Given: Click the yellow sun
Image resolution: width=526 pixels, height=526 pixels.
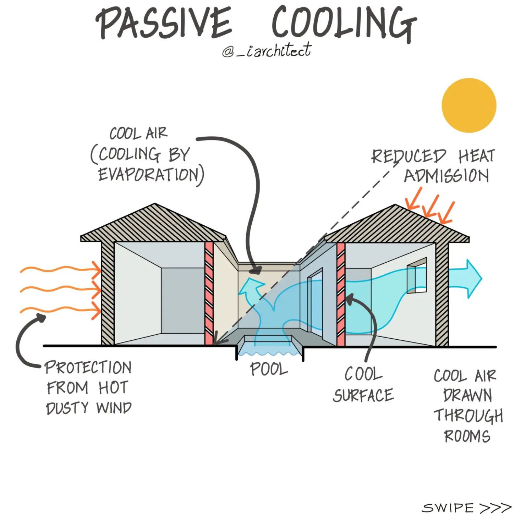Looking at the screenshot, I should coord(469,105).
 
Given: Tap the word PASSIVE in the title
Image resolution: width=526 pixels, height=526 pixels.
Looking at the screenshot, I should coord(164,23).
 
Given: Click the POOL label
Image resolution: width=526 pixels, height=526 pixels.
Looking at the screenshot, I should coord(269,369).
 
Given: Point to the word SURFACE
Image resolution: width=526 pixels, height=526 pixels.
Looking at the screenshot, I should coord(363,396).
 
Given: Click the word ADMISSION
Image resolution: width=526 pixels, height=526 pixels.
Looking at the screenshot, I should coord(446,176).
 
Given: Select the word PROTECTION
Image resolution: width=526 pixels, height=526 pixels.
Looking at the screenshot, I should coord(88,367).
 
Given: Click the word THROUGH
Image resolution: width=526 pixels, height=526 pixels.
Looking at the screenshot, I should coord(468,416).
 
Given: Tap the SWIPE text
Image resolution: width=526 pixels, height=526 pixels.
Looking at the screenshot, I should coord(448,508).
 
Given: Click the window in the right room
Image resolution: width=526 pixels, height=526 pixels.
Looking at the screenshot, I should coord(417,276).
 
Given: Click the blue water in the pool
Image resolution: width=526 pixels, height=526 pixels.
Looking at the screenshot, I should coord(269,351).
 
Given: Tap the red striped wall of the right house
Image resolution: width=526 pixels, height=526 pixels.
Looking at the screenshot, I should coord(341,294).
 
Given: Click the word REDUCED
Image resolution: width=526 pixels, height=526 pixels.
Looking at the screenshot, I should coord(409,156).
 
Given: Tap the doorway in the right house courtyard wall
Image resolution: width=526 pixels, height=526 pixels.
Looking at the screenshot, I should coord(315,301).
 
